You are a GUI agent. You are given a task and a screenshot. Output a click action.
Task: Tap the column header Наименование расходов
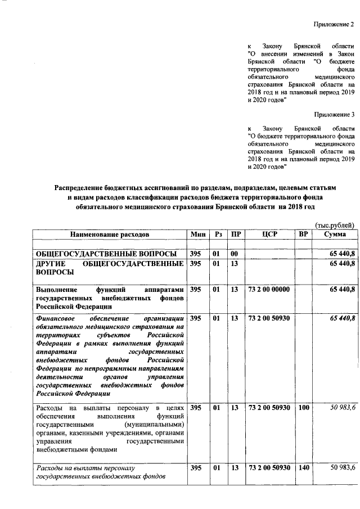point(110,233)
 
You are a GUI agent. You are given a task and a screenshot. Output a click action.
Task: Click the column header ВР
point(303,233)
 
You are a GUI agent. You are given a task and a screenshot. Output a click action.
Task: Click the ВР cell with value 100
point(304,407)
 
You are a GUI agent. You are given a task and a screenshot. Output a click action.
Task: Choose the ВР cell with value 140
point(304,468)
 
